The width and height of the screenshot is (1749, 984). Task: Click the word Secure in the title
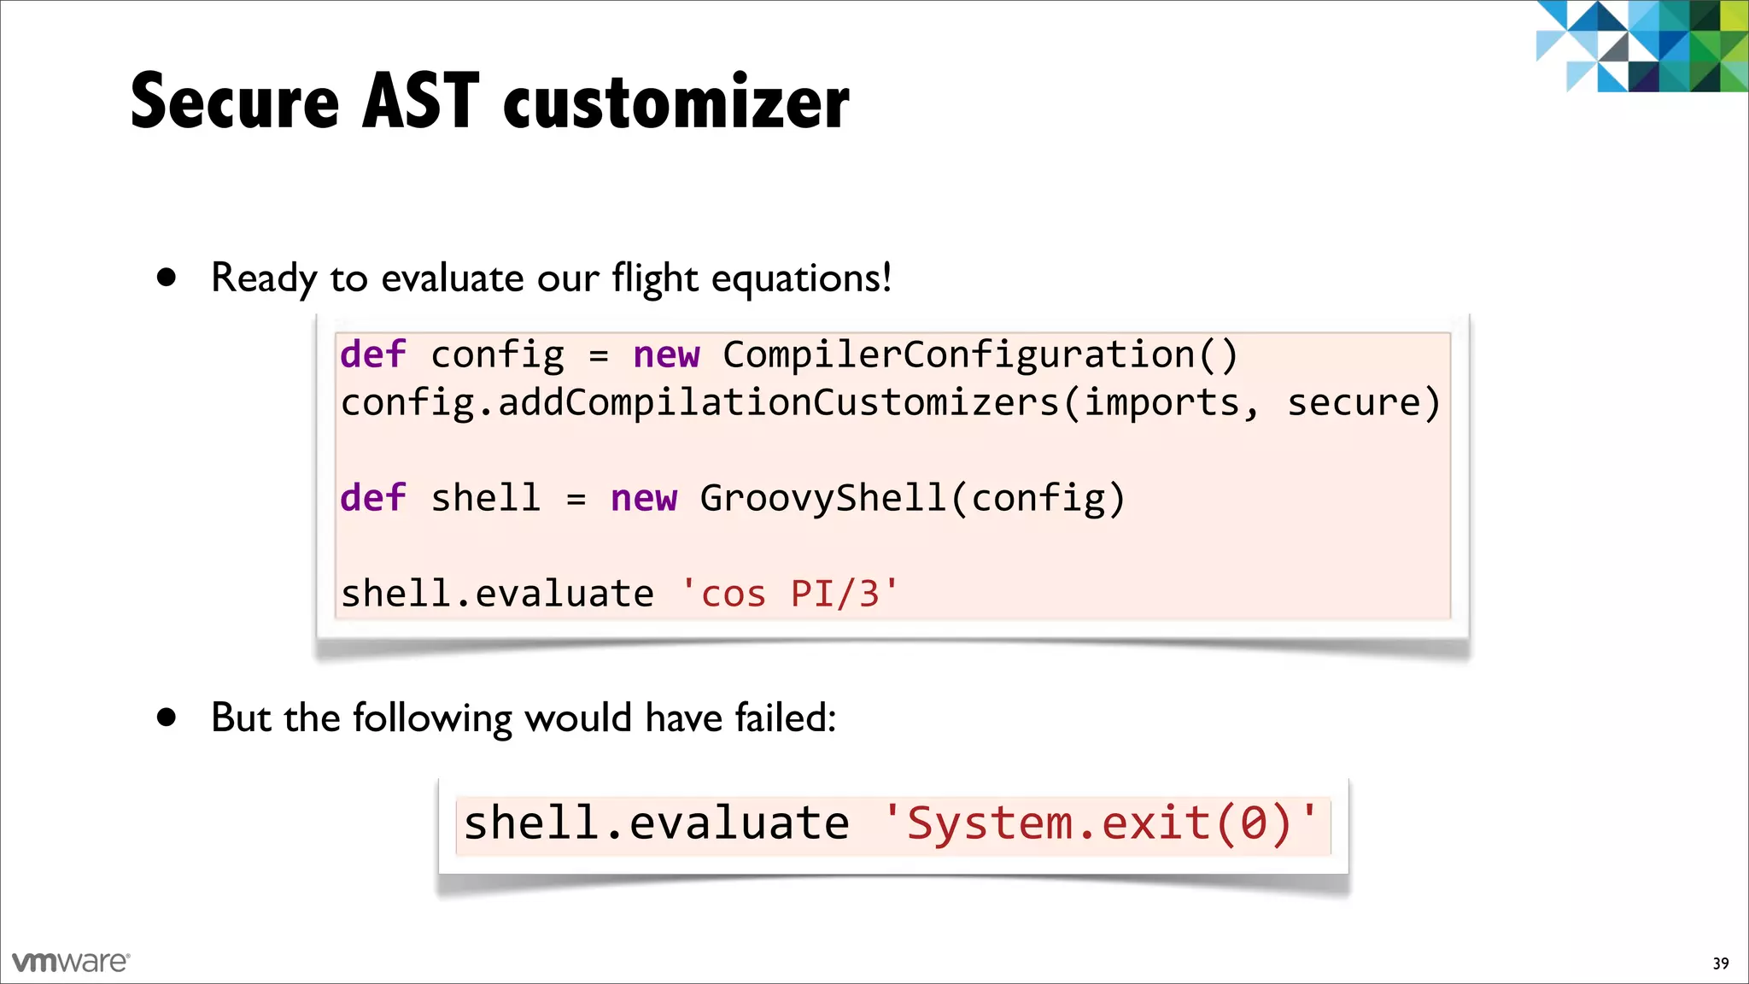(235, 102)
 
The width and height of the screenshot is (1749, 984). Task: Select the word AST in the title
(420, 102)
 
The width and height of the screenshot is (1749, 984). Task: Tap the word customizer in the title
(676, 104)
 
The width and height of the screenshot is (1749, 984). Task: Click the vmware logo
(71, 962)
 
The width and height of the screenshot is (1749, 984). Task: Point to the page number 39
(1721, 963)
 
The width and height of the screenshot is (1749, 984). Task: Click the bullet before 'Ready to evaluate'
(167, 277)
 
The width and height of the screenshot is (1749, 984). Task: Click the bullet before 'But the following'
(167, 717)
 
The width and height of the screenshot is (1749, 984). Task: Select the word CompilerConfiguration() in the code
(980, 354)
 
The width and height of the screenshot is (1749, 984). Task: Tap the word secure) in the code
(1364, 402)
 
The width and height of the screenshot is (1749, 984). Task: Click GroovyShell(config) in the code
(912, 498)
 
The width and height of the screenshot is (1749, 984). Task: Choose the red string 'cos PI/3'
(790, 594)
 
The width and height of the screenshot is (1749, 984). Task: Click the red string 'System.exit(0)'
(1102, 823)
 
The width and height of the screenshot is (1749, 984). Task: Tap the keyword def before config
(373, 354)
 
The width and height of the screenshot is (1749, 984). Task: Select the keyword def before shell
(373, 498)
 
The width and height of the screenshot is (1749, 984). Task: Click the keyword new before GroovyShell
(644, 498)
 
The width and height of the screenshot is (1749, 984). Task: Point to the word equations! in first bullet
(801, 278)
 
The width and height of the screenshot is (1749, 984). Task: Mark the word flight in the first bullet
(655, 278)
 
